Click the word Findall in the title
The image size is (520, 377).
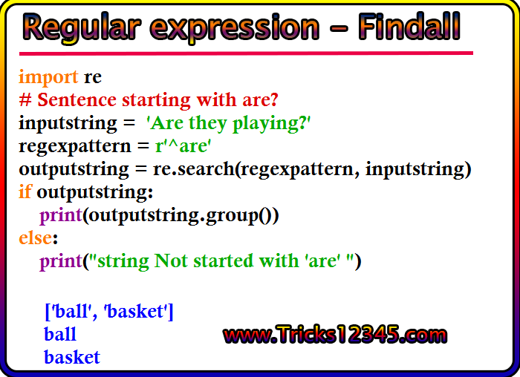click(x=409, y=26)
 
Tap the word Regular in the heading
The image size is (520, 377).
click(x=82, y=28)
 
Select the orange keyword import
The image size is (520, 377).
click(x=48, y=77)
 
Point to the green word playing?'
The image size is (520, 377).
click(x=272, y=124)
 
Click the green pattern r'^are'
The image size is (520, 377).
click(x=183, y=145)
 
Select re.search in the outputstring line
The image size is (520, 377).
click(x=193, y=169)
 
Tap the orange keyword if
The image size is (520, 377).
click(x=25, y=191)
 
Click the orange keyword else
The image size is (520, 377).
click(x=36, y=238)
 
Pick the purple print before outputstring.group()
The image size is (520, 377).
click(x=61, y=216)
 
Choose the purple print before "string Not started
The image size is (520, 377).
click(x=61, y=262)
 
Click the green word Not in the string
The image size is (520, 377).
click(x=171, y=260)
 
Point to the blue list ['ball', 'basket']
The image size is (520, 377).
click(x=109, y=312)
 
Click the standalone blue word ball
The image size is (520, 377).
click(x=60, y=334)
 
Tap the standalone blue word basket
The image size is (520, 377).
click(x=72, y=357)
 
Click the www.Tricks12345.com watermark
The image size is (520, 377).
click(x=335, y=335)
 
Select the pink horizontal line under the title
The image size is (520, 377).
click(x=246, y=53)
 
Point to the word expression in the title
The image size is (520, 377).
click(x=235, y=29)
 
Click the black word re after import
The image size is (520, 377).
click(x=93, y=78)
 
